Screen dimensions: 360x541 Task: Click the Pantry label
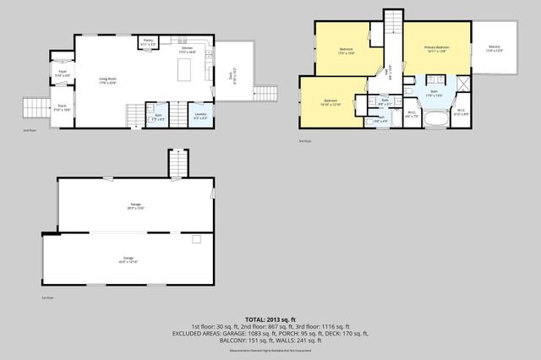pos(148,41)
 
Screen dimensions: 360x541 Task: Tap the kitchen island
pos(184,71)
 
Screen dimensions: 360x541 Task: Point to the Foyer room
pos(63,74)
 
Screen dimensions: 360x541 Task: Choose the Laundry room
pos(200,115)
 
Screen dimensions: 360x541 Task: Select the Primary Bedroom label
pos(436,48)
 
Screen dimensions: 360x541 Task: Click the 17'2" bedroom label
pos(346,51)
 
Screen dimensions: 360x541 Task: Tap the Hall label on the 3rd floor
pos(390,74)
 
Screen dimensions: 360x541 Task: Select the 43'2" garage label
pos(128,260)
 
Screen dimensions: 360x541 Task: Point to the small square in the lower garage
pos(196,240)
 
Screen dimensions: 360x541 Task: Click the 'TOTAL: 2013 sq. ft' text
pos(270,318)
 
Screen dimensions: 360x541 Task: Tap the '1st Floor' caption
pos(47,298)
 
